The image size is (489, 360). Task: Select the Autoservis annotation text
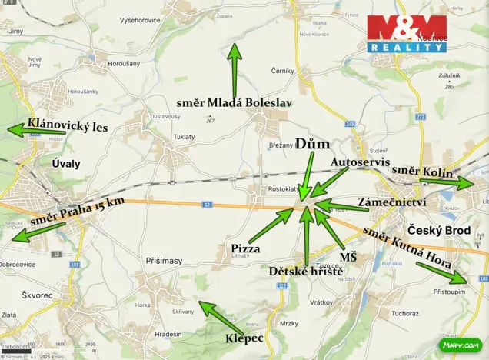coord(356,163)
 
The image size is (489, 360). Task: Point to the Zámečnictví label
coord(392,202)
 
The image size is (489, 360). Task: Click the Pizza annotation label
coord(245,248)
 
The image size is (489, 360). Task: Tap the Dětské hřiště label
coord(305,271)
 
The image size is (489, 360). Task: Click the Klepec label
coord(244,338)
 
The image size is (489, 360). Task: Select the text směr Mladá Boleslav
coord(235,102)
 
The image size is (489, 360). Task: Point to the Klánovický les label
coord(68,124)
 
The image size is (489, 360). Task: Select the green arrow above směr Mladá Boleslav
coord(235,69)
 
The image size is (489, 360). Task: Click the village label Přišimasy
coord(164,261)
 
